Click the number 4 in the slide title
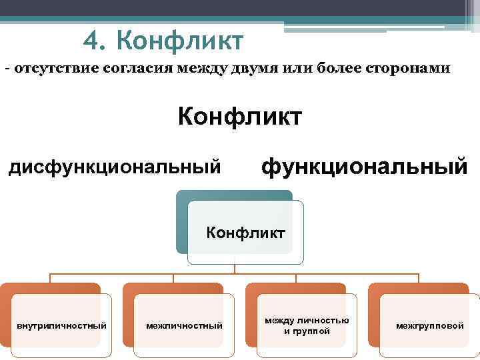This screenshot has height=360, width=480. click(93, 42)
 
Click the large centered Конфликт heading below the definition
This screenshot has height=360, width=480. click(239, 117)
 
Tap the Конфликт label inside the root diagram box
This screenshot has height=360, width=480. click(245, 233)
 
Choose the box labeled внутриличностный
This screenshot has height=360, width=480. click(61, 325)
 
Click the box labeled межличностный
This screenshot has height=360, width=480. click(184, 325)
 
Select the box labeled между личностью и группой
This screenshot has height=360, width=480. click(307, 325)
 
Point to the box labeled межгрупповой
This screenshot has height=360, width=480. click(429, 325)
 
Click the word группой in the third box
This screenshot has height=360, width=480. click(314, 331)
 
